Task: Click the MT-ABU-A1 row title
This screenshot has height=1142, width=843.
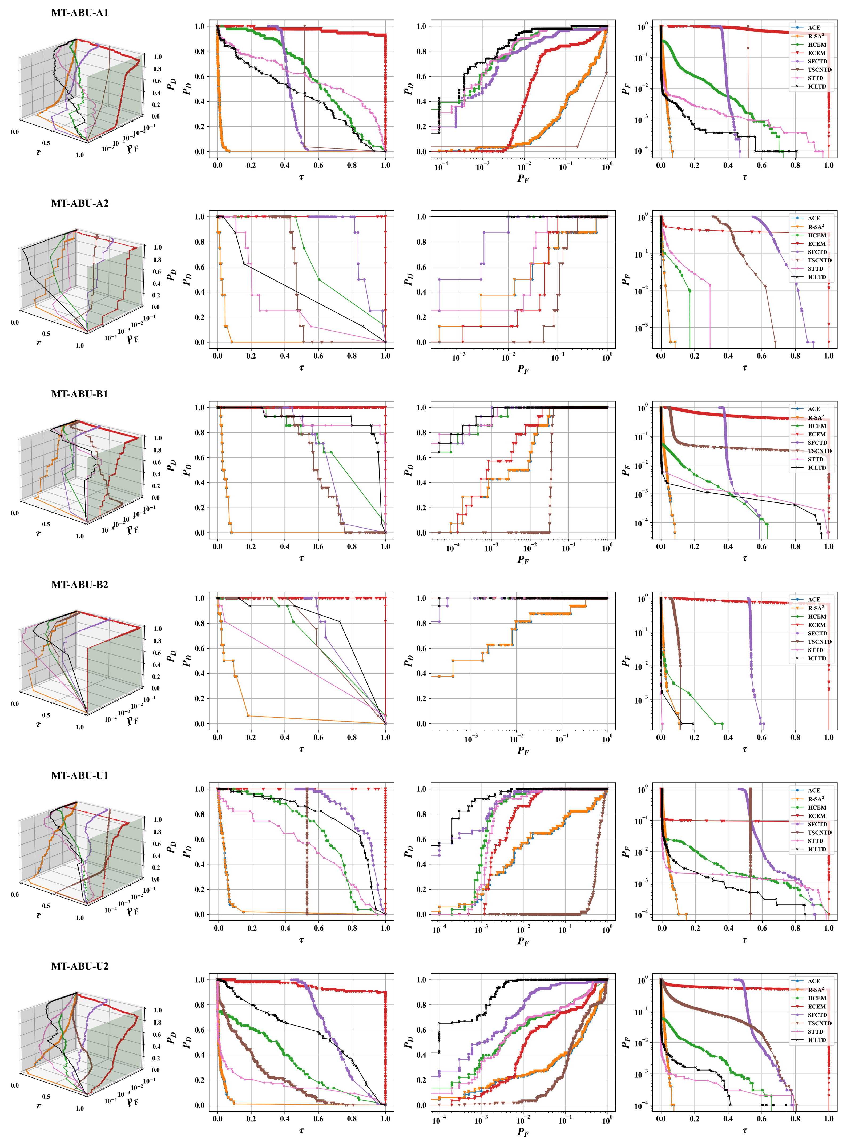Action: point(80,13)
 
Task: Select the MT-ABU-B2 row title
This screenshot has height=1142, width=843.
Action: point(80,585)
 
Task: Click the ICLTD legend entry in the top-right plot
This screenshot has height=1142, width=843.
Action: point(816,87)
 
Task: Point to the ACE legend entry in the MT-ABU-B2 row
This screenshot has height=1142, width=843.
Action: point(814,600)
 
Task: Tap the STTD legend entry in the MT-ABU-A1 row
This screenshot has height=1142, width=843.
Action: point(816,78)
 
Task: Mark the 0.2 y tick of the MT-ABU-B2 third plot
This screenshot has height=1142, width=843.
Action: point(422,699)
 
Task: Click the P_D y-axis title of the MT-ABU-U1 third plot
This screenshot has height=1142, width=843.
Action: point(408,852)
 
